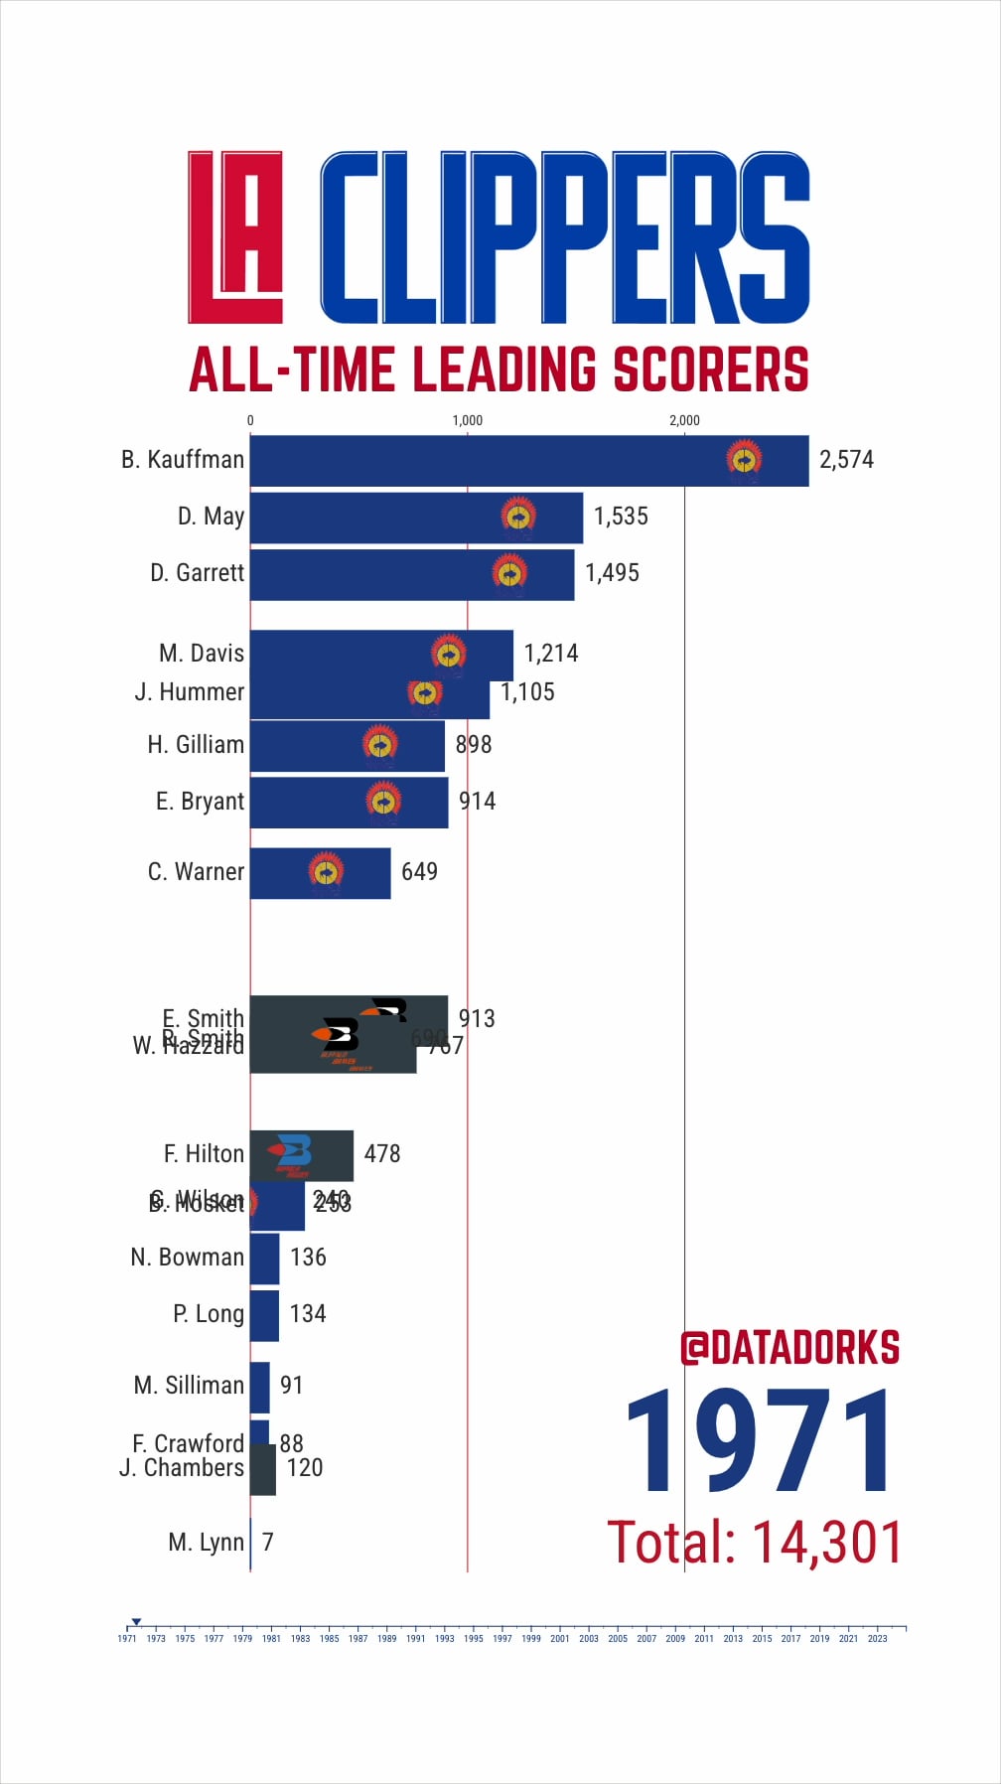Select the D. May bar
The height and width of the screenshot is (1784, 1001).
[x=416, y=518]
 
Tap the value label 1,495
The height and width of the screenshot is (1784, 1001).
[x=612, y=573]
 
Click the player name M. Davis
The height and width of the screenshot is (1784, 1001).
[x=202, y=654]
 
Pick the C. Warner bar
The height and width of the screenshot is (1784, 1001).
[x=320, y=873]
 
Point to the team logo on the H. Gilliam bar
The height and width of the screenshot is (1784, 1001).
[x=380, y=745]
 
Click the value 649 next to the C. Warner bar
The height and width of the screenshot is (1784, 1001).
[x=419, y=872]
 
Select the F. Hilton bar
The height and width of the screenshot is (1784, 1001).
[x=301, y=1155]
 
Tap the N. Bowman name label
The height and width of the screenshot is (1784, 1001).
[x=187, y=1258]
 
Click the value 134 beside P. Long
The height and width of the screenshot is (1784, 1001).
[x=308, y=1314]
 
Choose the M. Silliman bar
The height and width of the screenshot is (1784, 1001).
[x=259, y=1387]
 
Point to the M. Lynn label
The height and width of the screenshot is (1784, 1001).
[x=206, y=1543]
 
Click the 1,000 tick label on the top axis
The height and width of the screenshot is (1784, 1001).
[x=467, y=420]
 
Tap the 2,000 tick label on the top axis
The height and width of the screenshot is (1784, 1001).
[x=684, y=420]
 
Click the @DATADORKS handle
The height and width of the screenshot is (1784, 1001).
[x=789, y=1348]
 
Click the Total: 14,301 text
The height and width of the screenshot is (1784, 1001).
[x=755, y=1543]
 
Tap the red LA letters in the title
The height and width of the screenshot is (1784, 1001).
[x=235, y=237]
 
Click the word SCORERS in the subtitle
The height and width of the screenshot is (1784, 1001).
[x=711, y=370]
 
